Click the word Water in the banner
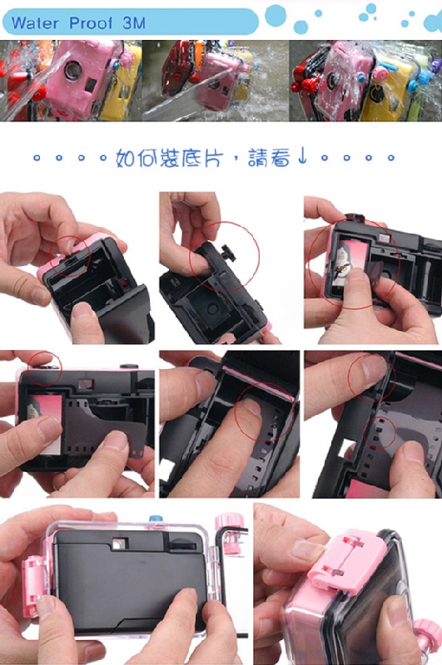(x=35, y=22)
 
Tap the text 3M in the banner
(x=134, y=22)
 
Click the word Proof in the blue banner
(x=91, y=23)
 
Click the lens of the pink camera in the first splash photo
(x=73, y=70)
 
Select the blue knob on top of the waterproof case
(x=156, y=519)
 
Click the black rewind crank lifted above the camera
(x=228, y=253)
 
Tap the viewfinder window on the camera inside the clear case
(x=119, y=544)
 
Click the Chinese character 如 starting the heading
(x=126, y=158)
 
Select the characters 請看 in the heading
(x=269, y=157)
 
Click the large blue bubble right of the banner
(x=276, y=15)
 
